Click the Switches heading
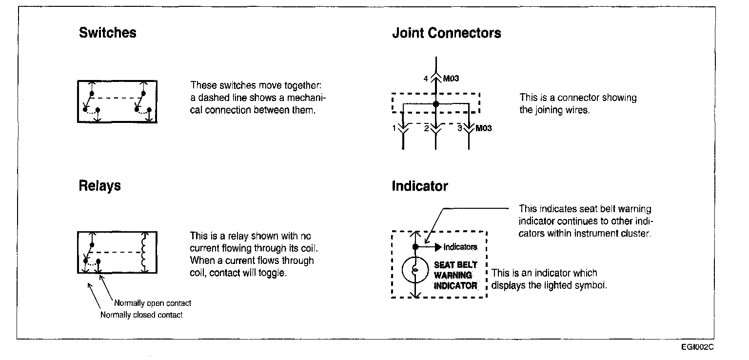tap(107, 33)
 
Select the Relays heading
tap(99, 186)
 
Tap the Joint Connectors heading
tap(446, 33)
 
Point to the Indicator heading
tap(419, 186)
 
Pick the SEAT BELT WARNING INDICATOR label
tap(455, 275)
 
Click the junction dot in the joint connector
tap(436, 104)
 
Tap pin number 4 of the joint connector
tap(426, 78)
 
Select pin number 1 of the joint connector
tap(394, 128)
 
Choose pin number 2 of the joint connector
tap(426, 128)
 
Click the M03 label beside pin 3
tap(483, 128)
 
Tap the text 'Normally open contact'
tap(153, 303)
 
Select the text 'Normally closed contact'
tap(141, 315)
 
